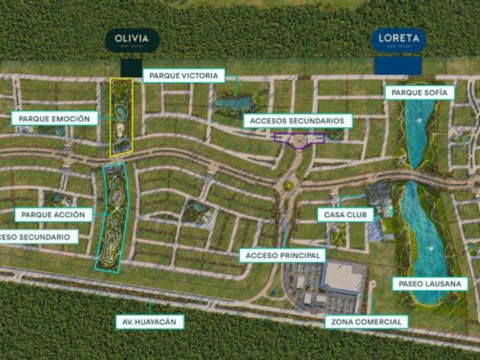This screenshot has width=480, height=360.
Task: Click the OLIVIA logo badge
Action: point(132,40)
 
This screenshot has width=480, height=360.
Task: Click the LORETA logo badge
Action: point(398,40)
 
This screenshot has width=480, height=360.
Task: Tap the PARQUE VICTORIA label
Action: point(183,75)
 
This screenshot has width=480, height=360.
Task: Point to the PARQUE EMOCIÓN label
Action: point(54,119)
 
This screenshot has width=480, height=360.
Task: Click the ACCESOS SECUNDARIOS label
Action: point(297,121)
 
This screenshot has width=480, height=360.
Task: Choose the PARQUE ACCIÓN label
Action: point(54,215)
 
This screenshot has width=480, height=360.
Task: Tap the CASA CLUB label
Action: point(345,214)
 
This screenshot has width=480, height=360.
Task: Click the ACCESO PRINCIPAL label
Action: point(283,255)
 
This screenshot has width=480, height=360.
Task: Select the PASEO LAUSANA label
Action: point(430,283)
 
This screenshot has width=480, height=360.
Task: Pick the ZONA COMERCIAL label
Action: point(366,322)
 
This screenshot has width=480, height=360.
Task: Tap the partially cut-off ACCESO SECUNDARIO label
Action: point(38,237)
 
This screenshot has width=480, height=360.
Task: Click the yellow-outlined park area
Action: point(121,117)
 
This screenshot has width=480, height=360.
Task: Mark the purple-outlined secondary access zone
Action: point(299,139)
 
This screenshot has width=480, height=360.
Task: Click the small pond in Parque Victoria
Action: point(234,103)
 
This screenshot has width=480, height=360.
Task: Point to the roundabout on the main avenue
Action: point(289,185)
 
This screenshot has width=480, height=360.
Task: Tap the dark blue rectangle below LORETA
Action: point(398,65)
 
